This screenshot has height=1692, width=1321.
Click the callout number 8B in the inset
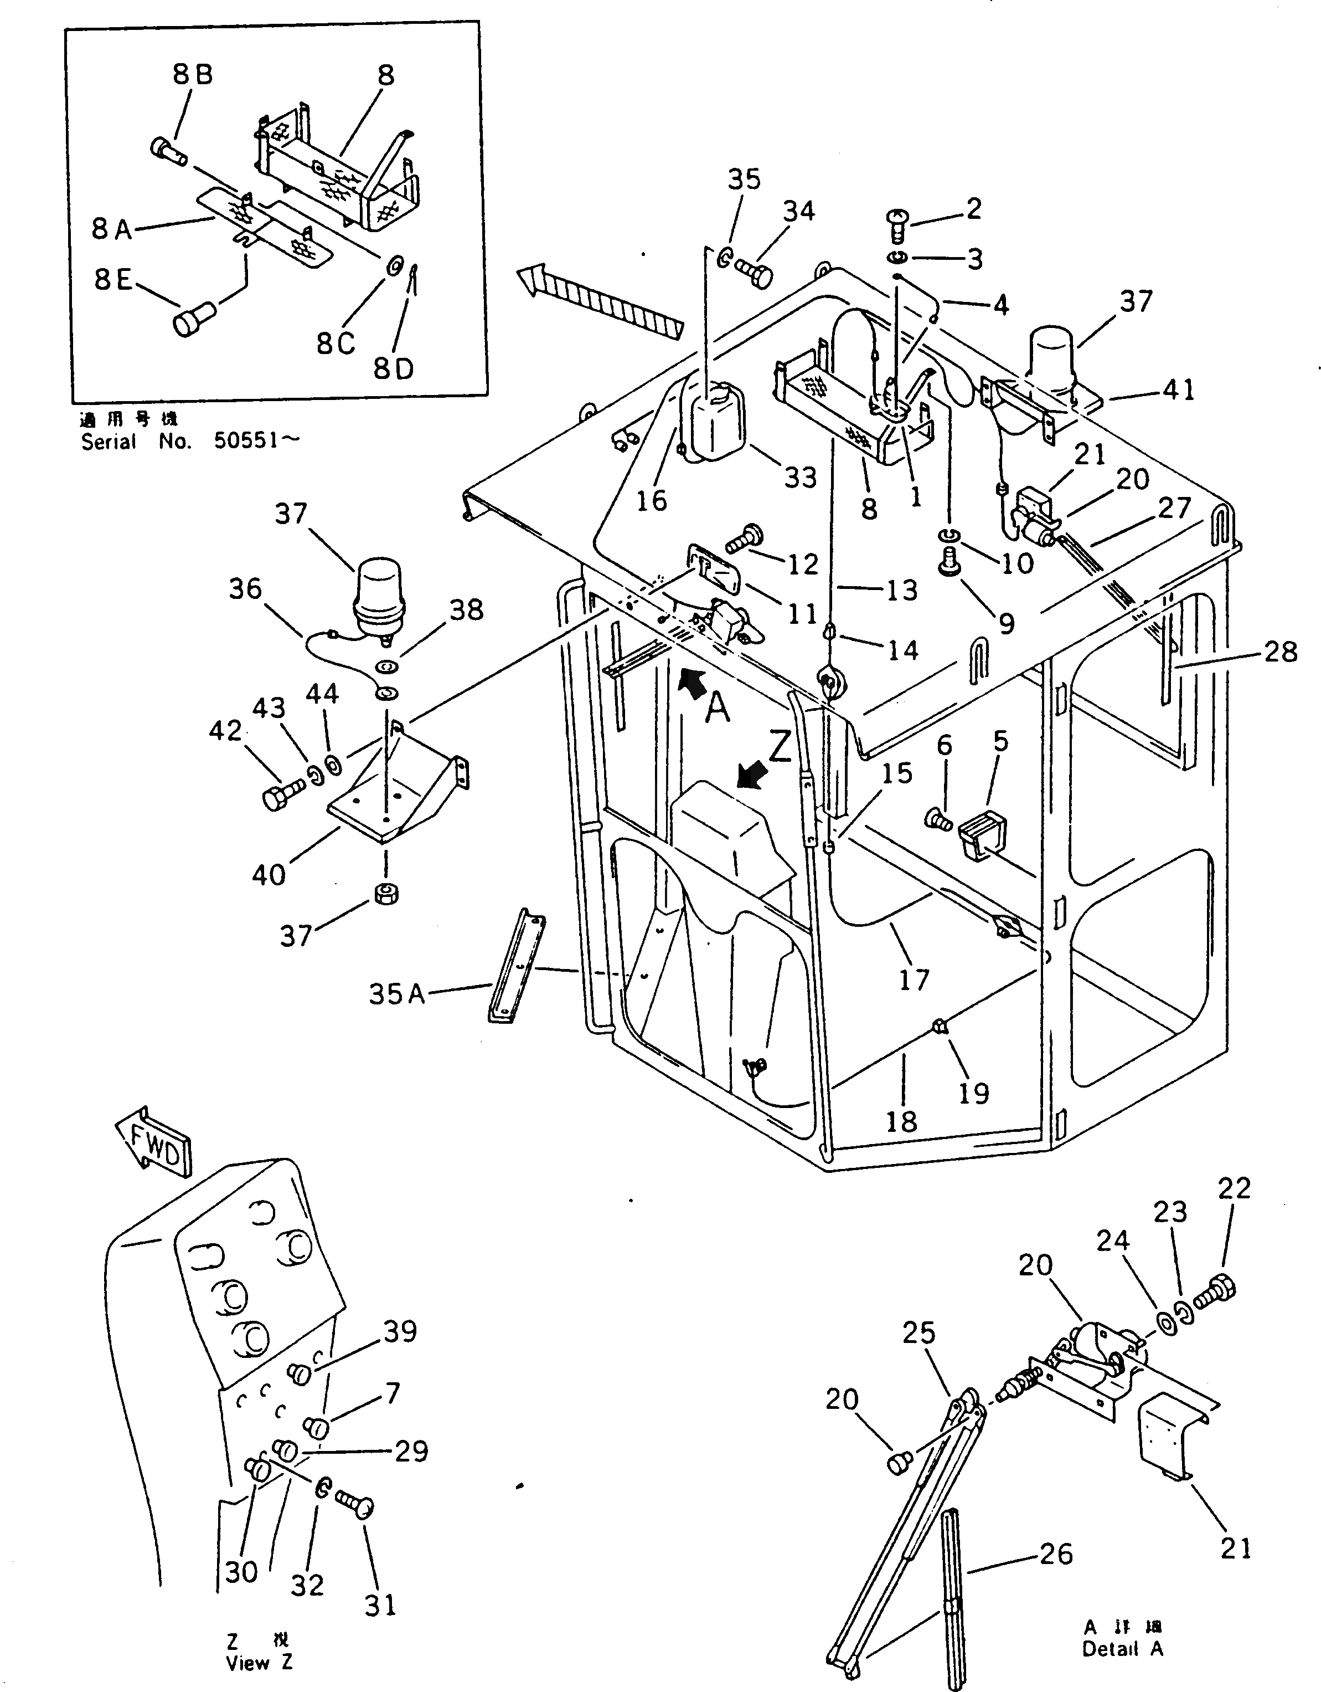192,75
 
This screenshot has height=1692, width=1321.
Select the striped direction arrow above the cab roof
600,301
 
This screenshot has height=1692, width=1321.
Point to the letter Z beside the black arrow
779,747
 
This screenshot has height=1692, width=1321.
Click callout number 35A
396,994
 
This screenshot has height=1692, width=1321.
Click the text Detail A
1123,1670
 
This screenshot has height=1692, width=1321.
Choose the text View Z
259,1663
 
